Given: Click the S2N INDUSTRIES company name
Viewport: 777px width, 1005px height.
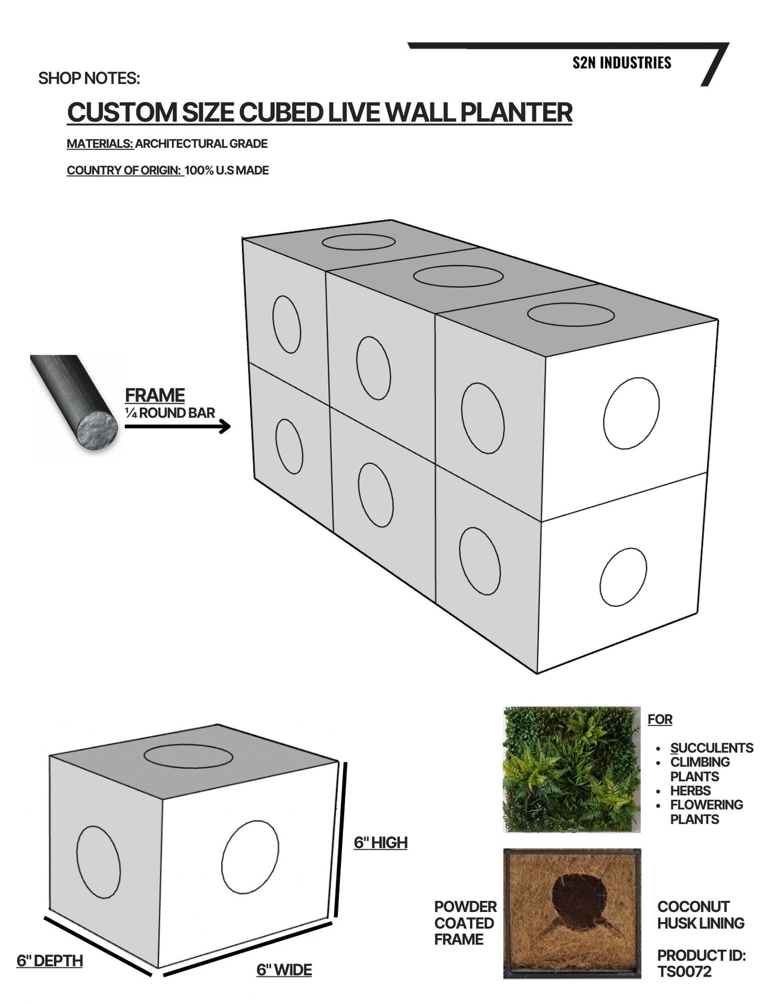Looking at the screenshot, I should coord(622,63).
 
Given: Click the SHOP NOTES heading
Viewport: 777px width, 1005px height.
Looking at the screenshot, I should coord(89,78).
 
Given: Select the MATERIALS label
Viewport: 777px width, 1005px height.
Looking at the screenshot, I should coord(100,143).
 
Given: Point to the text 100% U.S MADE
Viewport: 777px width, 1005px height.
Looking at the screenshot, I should coord(226,170).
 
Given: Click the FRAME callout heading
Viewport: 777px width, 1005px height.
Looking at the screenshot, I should coord(155,395).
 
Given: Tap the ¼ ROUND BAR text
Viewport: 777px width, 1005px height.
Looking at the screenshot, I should coord(170,413).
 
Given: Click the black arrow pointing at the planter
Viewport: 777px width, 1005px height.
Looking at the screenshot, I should coord(177,426).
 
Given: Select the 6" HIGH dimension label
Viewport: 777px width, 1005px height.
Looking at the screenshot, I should coord(380,843).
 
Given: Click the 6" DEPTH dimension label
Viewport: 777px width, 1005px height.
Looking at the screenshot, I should coord(49,960).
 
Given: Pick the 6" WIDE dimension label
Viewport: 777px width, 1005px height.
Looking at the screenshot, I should coord(284,970).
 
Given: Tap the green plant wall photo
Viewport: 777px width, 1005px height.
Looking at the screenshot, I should coord(571,770).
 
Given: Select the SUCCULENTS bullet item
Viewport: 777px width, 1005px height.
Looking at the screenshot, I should coord(711,748).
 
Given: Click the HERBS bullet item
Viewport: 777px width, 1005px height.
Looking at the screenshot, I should coord(690,791).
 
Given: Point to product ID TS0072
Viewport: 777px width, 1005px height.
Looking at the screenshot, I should coord(684,972).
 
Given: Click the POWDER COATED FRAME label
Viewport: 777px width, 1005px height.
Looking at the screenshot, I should coord(465,923).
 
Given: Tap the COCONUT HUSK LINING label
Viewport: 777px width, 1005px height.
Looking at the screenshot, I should coord(700,915).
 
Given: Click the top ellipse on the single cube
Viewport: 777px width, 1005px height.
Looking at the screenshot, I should coord(189,755).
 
